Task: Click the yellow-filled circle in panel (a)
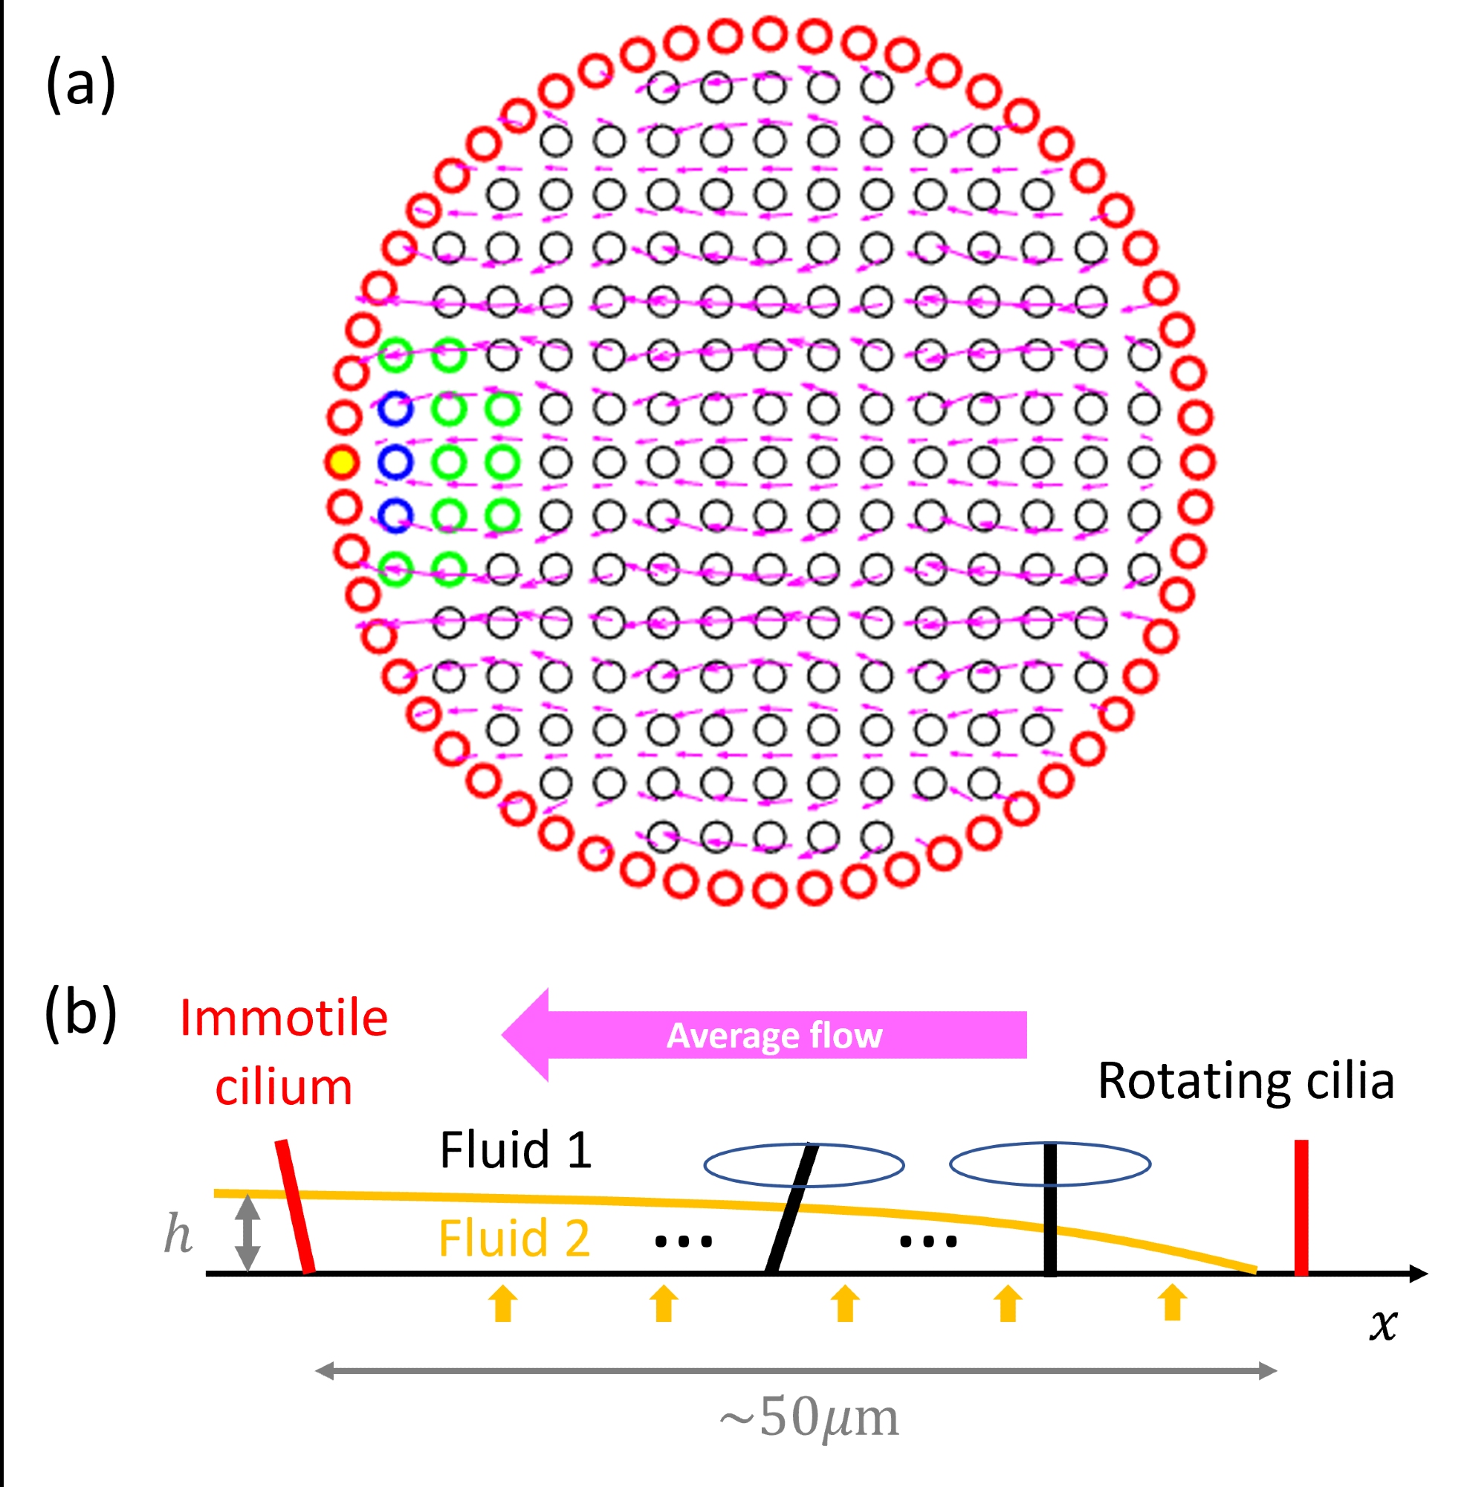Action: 342,462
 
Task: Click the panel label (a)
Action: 80,84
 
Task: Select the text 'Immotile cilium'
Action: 283,1052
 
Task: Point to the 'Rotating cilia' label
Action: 1246,1080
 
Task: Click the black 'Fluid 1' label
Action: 516,1150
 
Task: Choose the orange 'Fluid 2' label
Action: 514,1239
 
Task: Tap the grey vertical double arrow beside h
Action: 247,1232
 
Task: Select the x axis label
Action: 1382,1325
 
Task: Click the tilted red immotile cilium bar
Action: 295,1206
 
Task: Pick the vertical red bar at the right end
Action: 1301,1207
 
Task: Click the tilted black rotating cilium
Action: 791,1208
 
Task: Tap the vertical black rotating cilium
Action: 1050,1209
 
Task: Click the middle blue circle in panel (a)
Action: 395,462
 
